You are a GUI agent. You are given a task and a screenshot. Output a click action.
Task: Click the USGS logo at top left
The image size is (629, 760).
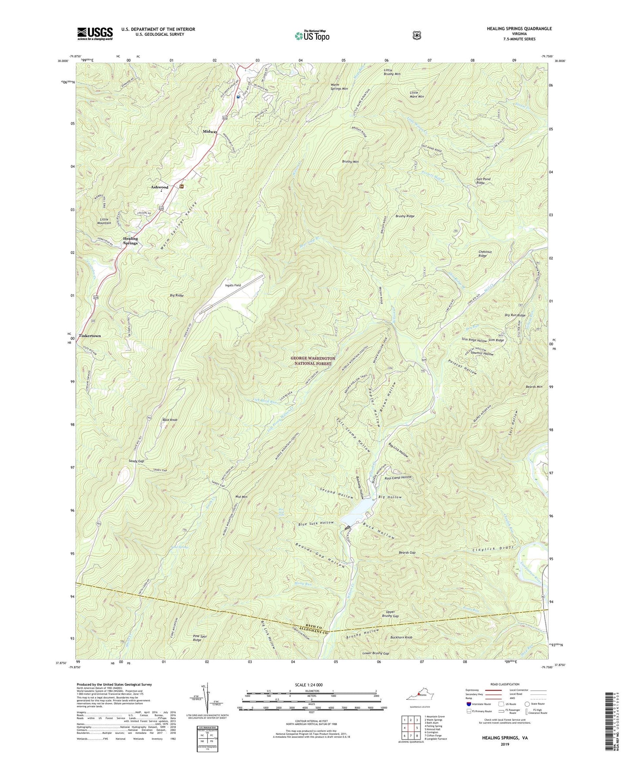coord(95,34)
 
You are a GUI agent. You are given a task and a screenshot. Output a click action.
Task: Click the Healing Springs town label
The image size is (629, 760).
coord(130,241)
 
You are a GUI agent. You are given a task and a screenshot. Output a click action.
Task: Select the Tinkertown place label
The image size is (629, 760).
coord(90,336)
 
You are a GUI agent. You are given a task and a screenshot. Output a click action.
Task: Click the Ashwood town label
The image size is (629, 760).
coord(159,187)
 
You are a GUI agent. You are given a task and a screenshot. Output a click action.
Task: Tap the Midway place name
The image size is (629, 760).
coord(210,131)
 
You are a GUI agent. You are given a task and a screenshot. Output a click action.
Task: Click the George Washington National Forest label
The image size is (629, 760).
coord(313,360)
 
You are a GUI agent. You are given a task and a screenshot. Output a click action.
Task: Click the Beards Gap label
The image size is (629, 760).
coord(407,552)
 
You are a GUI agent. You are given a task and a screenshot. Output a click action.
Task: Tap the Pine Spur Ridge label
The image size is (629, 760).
coord(200,638)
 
